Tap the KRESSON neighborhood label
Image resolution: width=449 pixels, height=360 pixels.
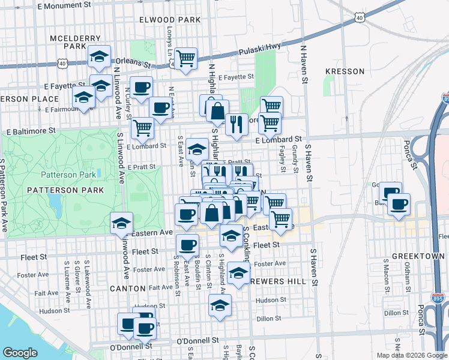coord(345,71)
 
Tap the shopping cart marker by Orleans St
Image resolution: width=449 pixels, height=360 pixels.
coord(186,59)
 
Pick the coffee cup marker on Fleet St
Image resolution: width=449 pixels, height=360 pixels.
coord(187,245)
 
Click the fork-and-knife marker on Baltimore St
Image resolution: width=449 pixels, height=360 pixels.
coord(237,124)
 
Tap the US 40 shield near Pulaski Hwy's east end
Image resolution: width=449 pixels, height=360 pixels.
coord(359,19)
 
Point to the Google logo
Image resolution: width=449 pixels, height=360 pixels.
coord(20,353)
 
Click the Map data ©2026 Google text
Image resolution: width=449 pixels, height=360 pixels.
coord(411,355)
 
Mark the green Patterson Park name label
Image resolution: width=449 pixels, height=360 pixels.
coord(64,175)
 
